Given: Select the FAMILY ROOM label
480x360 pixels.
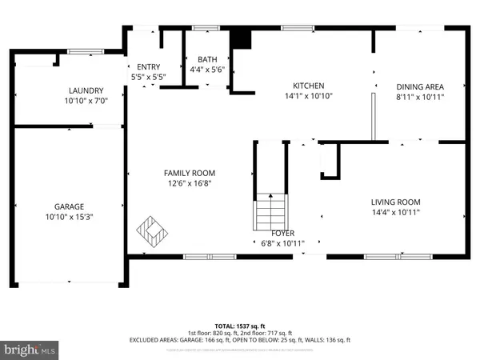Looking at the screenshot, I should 190,173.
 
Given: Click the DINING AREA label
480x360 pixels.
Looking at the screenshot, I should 420,86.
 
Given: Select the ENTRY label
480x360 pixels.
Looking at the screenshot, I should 149,67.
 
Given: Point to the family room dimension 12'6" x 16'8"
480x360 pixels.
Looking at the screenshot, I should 190,183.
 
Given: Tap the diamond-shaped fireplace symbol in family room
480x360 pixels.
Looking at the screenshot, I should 153,233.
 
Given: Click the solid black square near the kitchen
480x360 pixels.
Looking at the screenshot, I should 239,38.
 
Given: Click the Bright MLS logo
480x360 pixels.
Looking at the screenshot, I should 30,350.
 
